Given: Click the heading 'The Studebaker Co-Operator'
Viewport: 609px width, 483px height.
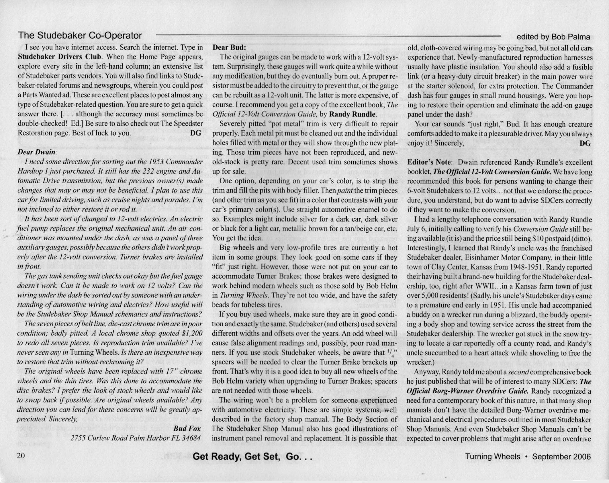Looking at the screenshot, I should pos(80,36).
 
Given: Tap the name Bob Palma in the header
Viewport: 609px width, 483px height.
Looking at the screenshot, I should pos(572,37).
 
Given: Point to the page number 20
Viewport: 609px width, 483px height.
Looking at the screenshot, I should pos(21,456).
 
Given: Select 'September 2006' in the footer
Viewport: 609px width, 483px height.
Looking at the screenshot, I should pos(561,456).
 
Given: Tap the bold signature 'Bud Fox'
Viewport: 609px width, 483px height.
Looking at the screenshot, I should pos(187,429).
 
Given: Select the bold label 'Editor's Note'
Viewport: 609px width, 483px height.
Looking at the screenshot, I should pos(429,162).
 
